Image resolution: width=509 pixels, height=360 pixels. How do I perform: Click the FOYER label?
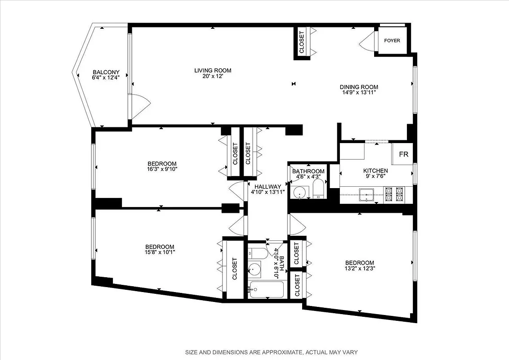coord(392,40)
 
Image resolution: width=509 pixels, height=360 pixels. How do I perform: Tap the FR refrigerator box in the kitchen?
coord(404,154)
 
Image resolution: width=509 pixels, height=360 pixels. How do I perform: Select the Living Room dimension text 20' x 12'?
coord(213,76)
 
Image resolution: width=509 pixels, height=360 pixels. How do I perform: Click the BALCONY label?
coord(106,72)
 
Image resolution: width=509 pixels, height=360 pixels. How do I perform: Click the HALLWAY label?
coord(268,186)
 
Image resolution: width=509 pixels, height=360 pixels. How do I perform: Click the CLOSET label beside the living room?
coord(302,41)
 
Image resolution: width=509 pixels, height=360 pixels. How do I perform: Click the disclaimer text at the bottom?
coord(272,352)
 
